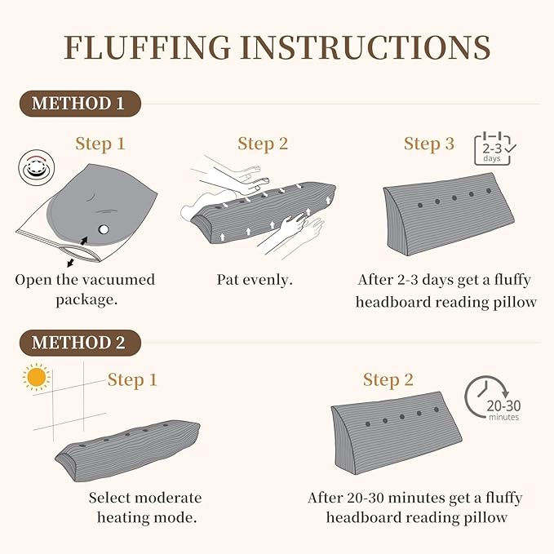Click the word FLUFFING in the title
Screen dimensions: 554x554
147,47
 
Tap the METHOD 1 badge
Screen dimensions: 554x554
80,104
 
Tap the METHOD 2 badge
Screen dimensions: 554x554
80,343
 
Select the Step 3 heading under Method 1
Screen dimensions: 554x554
429,144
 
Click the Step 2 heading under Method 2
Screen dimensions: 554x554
388,380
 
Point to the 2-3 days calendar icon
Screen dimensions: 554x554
494,148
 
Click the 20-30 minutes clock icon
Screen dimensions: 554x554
493,398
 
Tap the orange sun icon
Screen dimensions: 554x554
37,377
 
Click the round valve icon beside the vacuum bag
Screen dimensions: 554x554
37,167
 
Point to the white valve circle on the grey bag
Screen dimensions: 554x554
104,229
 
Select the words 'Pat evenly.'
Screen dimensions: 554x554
255,280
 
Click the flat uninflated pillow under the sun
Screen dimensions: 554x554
127,450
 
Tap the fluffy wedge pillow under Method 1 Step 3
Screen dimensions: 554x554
449,214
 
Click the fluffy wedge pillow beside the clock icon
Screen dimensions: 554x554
397,433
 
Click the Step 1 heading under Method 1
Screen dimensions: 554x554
100,144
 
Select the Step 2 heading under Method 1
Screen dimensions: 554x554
263,144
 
